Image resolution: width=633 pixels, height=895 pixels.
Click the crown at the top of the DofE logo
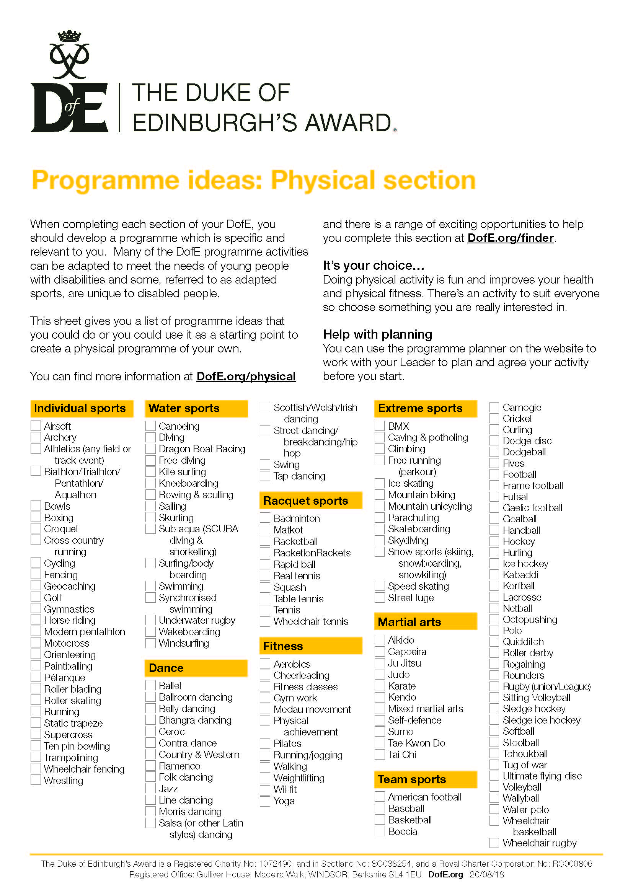click(69, 36)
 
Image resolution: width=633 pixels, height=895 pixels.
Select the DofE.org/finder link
click(510, 238)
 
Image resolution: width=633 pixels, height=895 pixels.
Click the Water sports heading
click(184, 408)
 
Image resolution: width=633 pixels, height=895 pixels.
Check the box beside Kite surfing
click(150, 471)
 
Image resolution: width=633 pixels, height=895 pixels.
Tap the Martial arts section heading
click(409, 622)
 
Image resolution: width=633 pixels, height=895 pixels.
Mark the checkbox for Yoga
click(265, 801)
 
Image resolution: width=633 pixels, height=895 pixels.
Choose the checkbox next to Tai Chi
click(380, 754)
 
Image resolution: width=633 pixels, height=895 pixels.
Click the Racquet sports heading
click(305, 500)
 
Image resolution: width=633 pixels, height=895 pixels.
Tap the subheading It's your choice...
click(373, 266)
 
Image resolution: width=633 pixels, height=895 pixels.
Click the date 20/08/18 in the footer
click(486, 874)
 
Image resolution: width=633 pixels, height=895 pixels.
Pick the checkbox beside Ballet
click(150, 685)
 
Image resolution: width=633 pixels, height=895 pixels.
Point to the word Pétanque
click(64, 678)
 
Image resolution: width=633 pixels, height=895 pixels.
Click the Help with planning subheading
click(377, 334)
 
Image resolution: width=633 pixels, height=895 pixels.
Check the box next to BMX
click(380, 425)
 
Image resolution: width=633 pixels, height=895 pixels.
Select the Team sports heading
click(412, 779)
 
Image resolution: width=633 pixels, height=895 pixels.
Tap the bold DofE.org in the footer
click(445, 874)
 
